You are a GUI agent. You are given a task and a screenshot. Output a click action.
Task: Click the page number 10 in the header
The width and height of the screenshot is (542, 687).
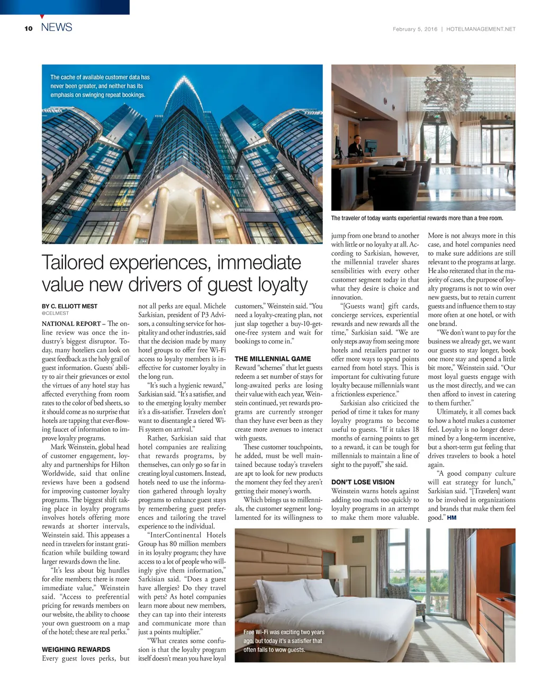pos(28,29)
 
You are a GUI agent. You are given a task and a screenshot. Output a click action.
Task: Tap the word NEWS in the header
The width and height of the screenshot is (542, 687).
pos(57,28)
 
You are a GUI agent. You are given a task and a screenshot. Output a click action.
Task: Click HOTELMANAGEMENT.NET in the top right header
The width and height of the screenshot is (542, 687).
pos(481,29)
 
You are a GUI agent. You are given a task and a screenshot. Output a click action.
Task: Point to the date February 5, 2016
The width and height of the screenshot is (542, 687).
pos(415,29)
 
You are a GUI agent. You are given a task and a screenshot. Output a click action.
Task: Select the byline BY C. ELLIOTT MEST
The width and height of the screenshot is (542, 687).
pos(69,306)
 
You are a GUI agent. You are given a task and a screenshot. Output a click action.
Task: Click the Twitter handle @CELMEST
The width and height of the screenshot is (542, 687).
pos(55,313)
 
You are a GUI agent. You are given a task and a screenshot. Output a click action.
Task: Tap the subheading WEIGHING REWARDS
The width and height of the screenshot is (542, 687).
pos(76,649)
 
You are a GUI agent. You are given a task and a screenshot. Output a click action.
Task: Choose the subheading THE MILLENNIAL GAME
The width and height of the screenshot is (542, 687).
pos(273,359)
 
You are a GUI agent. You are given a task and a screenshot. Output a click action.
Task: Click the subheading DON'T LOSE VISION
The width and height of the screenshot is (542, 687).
pos(363,482)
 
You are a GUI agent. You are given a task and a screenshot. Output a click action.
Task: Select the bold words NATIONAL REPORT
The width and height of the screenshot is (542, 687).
pos(71,324)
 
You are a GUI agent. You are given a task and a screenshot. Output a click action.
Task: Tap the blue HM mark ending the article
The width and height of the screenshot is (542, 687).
pos(451,518)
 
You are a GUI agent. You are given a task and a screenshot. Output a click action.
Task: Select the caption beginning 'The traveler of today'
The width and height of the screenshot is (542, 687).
pos(417,218)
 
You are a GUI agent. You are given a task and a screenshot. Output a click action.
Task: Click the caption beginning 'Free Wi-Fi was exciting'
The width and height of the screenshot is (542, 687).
pos(284,641)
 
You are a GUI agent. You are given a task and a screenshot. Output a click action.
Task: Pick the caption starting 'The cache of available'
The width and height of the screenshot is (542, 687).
pos(100,86)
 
